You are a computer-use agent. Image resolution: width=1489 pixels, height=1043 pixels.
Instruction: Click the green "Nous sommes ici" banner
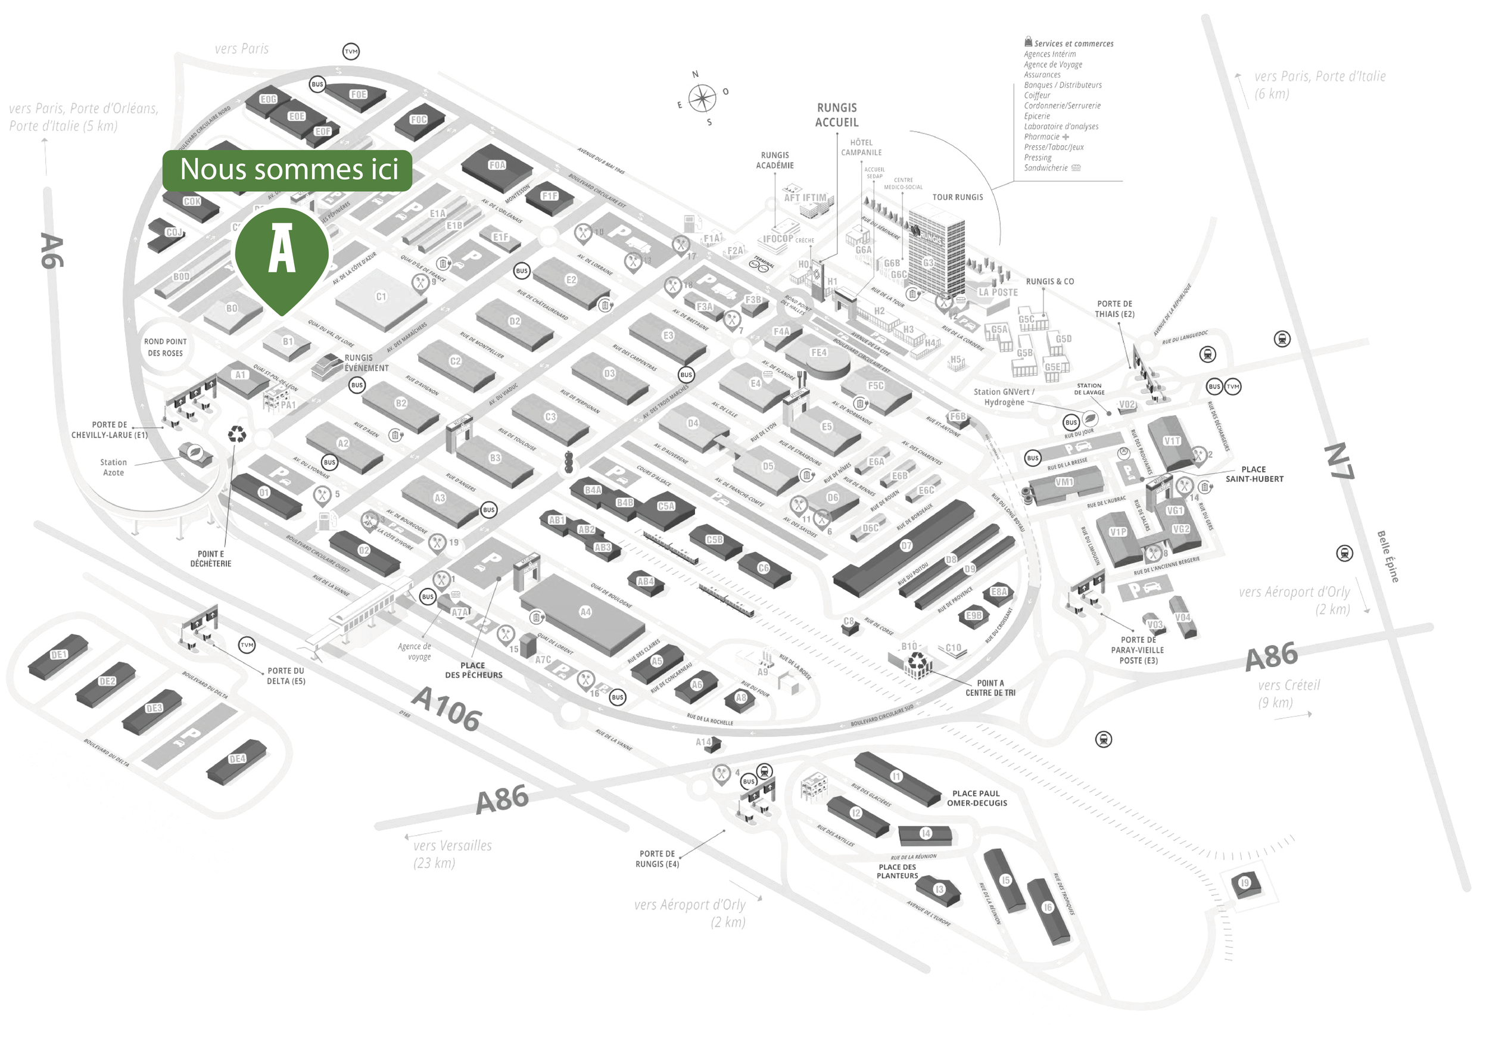(x=287, y=170)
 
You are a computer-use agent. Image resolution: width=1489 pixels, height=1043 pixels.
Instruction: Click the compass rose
(x=702, y=99)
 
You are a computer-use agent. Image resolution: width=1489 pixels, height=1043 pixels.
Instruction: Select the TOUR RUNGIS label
(x=957, y=197)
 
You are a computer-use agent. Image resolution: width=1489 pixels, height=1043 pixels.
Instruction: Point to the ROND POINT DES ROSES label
(x=166, y=348)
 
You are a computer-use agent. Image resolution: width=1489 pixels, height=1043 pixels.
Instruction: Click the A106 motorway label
(x=447, y=708)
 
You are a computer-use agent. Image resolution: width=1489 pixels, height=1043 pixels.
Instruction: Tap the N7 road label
(x=1338, y=460)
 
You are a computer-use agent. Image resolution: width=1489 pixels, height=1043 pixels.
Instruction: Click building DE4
(x=236, y=759)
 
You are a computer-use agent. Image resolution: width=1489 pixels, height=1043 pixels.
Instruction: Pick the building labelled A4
(x=585, y=612)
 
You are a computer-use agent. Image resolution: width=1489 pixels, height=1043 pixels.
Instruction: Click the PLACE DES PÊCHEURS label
(x=474, y=670)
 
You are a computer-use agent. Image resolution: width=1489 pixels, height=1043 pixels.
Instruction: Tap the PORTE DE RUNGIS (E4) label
(x=657, y=859)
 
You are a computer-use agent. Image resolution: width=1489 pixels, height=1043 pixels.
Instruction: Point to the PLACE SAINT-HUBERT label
(x=1254, y=474)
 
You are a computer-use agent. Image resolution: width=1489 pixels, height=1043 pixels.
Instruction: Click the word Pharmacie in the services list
(x=1042, y=137)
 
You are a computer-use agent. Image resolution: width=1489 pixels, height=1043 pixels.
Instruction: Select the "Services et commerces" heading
(x=1073, y=43)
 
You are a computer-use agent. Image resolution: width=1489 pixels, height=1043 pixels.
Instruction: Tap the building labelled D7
(x=906, y=546)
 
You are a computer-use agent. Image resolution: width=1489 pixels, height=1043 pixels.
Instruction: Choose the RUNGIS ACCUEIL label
(x=837, y=115)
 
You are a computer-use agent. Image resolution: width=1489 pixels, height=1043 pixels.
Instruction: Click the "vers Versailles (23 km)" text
(x=452, y=854)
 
